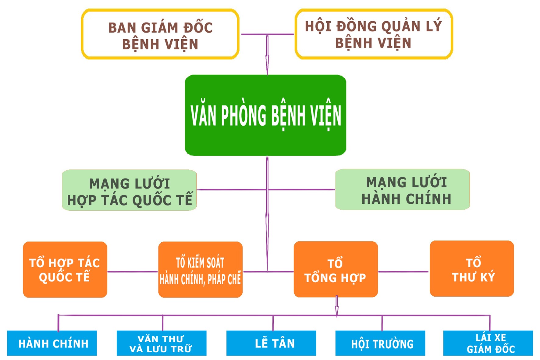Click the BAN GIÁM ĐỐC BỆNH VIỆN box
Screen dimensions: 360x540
[x=160, y=34]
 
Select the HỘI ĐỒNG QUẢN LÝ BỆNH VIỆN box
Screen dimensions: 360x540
[x=374, y=34]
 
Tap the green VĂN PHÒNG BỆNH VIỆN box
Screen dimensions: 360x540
[x=265, y=115]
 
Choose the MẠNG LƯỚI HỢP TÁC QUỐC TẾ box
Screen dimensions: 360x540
[x=130, y=190]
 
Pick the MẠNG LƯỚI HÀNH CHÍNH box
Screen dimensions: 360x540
[x=402, y=190]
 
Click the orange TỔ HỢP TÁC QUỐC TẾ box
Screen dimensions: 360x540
[x=65, y=269]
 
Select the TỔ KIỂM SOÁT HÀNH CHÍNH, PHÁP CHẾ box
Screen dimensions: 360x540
[x=200, y=269]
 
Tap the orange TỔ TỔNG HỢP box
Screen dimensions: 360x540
[x=336, y=269]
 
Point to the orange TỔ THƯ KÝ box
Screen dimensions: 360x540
[x=472, y=269]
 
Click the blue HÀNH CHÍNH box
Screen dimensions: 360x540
[x=52, y=343]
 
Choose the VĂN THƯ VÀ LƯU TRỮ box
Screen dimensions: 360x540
[x=161, y=343]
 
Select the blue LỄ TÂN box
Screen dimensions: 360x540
[x=271, y=343]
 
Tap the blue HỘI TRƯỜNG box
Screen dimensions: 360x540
[x=380, y=343]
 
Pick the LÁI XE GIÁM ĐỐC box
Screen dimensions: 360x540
[x=488, y=343]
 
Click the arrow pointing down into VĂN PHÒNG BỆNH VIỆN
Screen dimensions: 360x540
[x=267, y=61]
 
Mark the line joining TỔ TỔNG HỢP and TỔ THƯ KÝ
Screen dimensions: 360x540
[x=403, y=272]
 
